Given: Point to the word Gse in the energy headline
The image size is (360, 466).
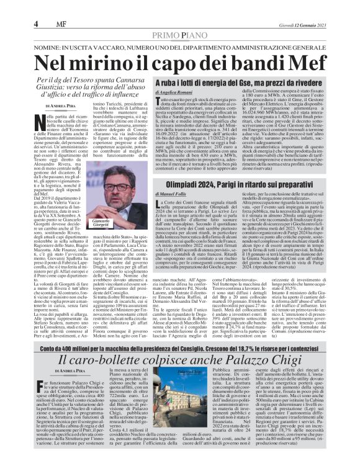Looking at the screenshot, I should (266, 97).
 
